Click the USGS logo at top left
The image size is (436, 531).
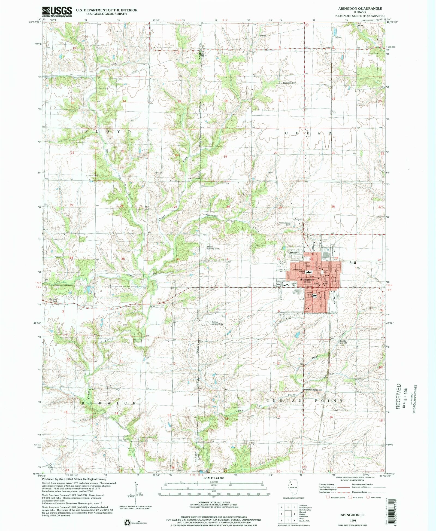pyautogui.click(x=57, y=12)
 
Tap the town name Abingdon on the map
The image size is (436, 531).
pyautogui.click(x=307, y=279)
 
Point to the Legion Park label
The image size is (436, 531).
pyautogui.click(x=293, y=285)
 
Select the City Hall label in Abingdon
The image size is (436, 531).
pyautogui.click(x=326, y=283)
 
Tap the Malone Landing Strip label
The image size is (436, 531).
pyautogui.click(x=213, y=248)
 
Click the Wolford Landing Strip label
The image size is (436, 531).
pyautogui.click(x=217, y=323)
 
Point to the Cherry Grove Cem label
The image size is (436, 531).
pyautogui.click(x=285, y=224)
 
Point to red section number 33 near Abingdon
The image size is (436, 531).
pyautogui.click(x=336, y=258)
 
